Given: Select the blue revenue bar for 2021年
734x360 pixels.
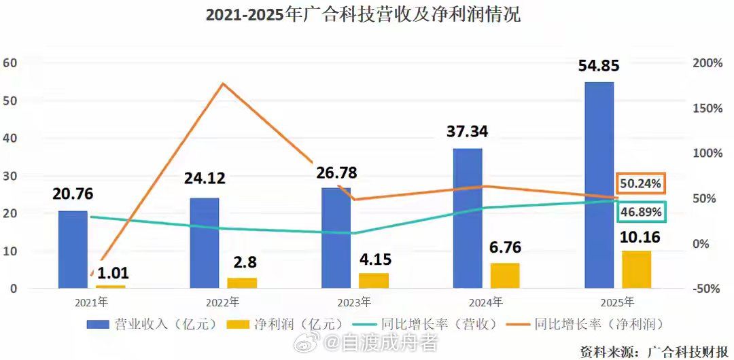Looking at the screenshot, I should click(x=73, y=249).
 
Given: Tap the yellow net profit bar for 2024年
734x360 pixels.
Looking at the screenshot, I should click(x=505, y=275).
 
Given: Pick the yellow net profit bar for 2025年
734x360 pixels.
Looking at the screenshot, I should click(x=636, y=270).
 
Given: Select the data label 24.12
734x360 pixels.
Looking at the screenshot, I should click(x=205, y=179).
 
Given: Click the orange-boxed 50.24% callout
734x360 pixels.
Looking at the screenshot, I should click(x=641, y=184).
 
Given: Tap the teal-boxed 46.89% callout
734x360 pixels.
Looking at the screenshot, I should click(x=641, y=213).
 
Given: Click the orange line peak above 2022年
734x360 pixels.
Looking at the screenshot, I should click(x=222, y=84).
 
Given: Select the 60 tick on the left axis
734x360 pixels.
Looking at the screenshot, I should click(x=10, y=62).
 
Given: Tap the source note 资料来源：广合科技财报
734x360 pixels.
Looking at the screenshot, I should click(x=655, y=350).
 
